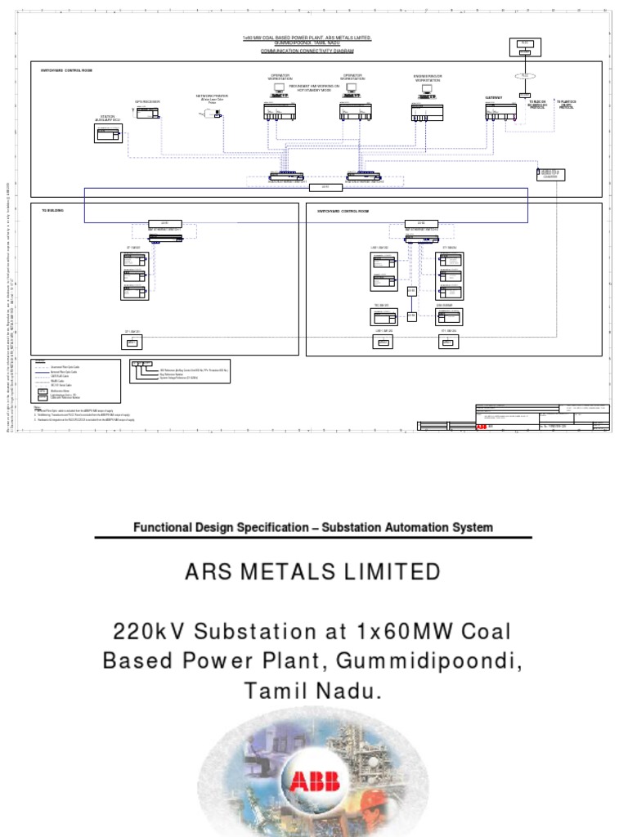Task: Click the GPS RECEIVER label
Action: [x=147, y=102]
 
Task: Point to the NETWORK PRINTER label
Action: [x=212, y=96]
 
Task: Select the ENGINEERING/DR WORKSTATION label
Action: [x=427, y=78]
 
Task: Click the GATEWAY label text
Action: [x=493, y=97]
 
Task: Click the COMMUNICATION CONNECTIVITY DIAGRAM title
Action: [x=307, y=51]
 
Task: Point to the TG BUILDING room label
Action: [x=52, y=211]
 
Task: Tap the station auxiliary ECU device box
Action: [x=108, y=135]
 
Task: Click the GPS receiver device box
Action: [x=148, y=113]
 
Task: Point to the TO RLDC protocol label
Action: [x=537, y=104]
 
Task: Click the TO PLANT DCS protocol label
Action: [x=567, y=104]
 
